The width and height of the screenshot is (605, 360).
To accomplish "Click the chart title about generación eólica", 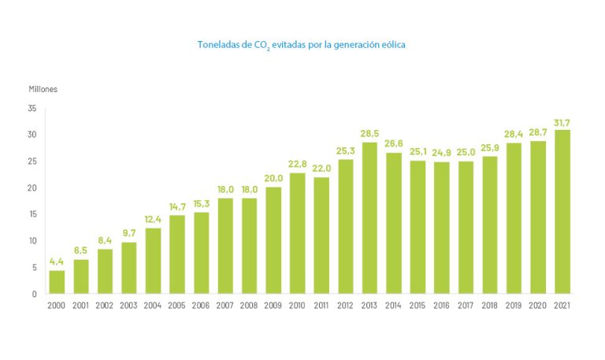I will click(x=302, y=45).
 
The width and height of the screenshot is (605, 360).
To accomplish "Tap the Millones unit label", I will click(x=43, y=89).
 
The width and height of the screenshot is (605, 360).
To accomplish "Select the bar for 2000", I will click(x=57, y=282).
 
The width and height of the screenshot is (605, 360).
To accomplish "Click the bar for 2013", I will click(x=369, y=218).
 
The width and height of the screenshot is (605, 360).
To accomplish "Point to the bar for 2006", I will click(x=201, y=253).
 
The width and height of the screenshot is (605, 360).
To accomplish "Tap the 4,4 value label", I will click(x=57, y=262).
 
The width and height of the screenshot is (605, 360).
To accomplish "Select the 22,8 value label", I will click(x=297, y=165).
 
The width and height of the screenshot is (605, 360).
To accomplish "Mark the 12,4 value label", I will click(x=153, y=219).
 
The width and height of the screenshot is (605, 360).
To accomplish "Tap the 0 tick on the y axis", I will click(x=34, y=294).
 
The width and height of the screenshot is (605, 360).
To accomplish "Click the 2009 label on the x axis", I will click(x=273, y=305).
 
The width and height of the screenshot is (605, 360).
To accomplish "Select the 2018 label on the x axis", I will click(x=489, y=305).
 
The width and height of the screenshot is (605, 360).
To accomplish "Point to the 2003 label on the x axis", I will click(x=128, y=305).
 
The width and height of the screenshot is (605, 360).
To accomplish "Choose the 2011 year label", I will click(x=321, y=305).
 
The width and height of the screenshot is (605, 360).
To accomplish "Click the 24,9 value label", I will click(x=441, y=154).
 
